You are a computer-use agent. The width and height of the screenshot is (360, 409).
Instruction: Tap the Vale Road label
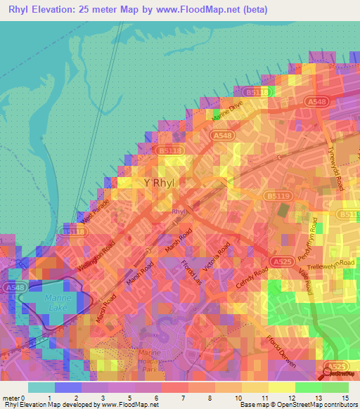coord(305,280)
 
